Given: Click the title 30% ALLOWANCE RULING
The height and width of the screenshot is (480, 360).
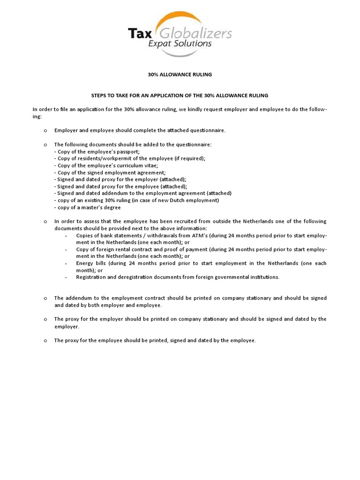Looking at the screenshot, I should (x=180, y=74).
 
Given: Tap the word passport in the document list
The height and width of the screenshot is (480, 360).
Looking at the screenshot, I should (x=128, y=151).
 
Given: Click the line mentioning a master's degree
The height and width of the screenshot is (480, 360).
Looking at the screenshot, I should (x=88, y=207).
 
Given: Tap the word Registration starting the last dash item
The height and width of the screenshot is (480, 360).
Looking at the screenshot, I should (x=92, y=277).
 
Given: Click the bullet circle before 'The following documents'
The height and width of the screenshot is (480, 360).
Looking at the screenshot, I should (x=45, y=145).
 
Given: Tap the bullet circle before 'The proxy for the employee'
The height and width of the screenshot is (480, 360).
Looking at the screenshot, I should (x=45, y=341).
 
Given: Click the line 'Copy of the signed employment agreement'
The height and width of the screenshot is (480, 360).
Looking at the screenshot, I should (x=110, y=172).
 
